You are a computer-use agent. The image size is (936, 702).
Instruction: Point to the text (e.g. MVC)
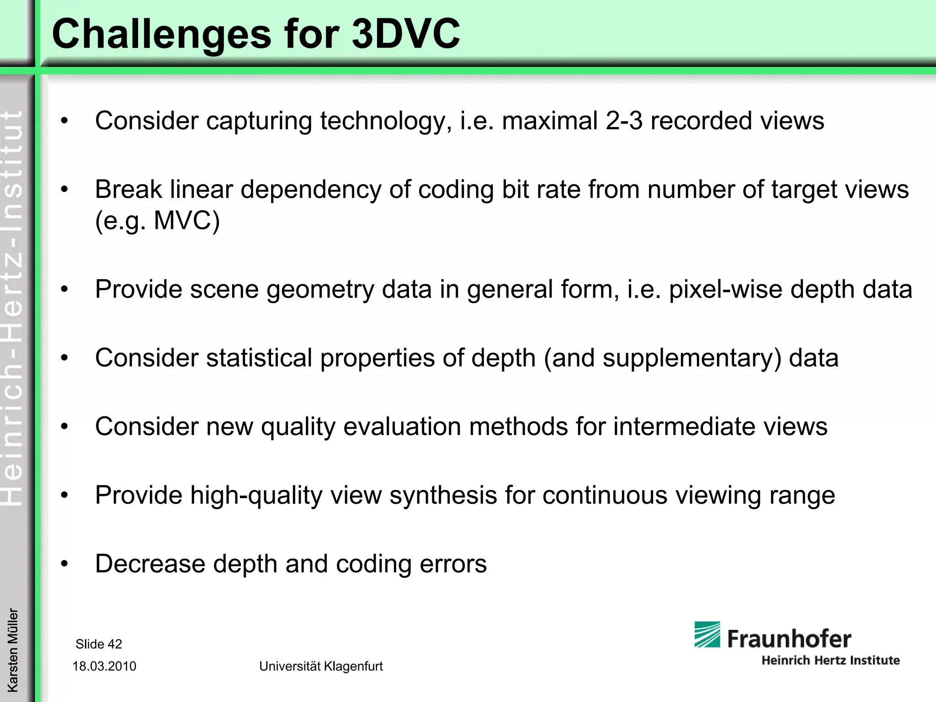tap(157, 221)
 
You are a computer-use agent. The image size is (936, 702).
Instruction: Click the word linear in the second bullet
tap(202, 189)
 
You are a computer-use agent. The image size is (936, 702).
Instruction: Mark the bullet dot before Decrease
tap(64, 564)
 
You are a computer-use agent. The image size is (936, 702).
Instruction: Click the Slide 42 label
tap(99, 644)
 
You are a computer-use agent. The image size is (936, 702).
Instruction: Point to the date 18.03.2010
tap(104, 666)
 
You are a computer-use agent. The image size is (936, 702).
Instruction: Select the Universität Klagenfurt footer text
tap(321, 666)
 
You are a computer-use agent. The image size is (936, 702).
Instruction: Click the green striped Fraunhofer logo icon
tap(707, 634)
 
